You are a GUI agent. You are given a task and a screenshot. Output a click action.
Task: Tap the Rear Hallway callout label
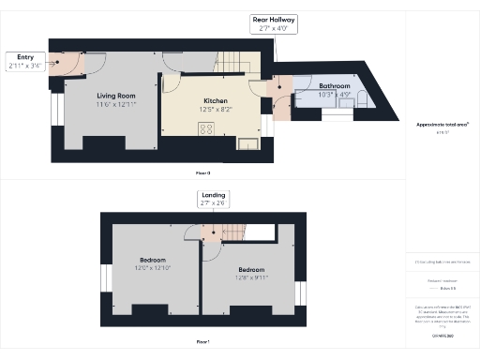(274, 23)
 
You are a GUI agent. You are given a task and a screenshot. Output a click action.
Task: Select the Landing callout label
(213, 199)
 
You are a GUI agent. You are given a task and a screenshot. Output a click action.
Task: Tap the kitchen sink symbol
(248, 142)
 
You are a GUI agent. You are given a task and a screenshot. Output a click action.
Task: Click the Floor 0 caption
(203, 173)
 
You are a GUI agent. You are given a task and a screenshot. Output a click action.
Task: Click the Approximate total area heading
(442, 124)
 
